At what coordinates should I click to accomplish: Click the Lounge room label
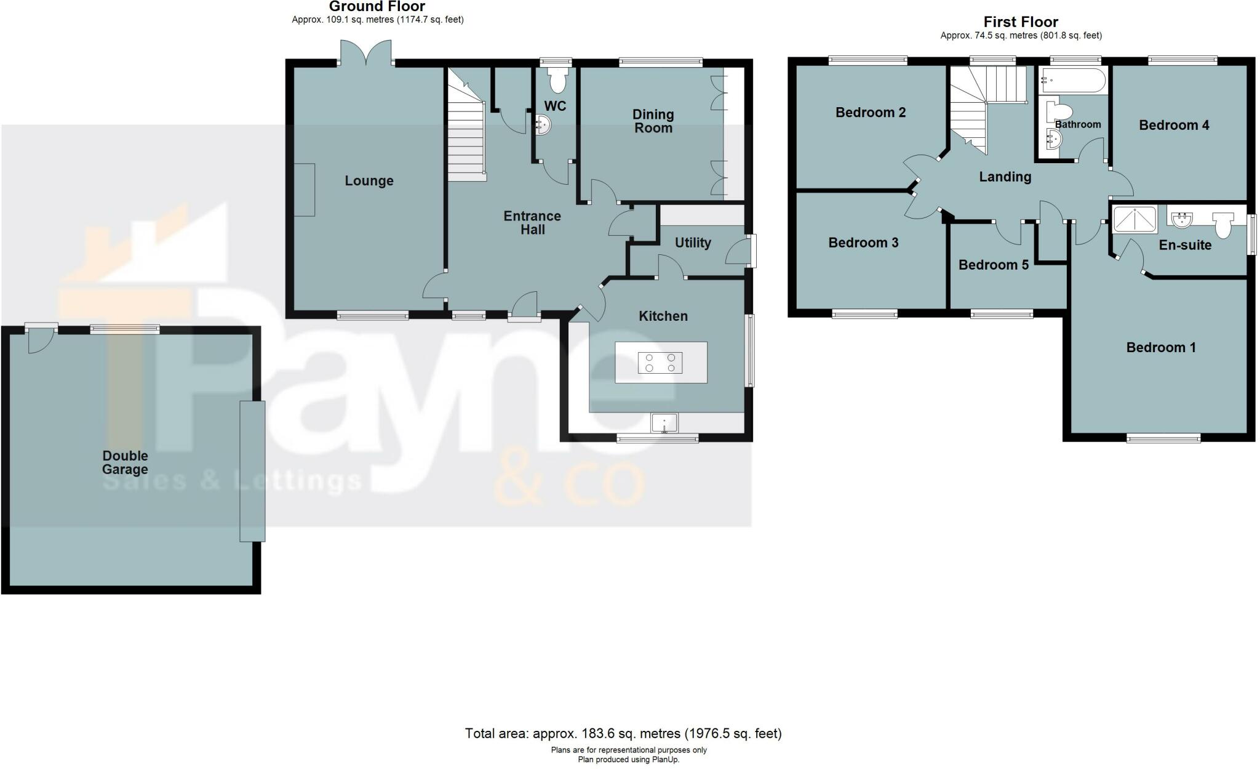pos(369,181)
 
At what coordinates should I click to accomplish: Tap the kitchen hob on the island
pos(660,363)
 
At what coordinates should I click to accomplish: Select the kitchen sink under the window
pos(664,423)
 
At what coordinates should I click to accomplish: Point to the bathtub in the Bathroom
pos(1072,80)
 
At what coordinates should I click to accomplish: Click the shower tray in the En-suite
pos(1135,220)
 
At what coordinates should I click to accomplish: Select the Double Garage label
pos(125,462)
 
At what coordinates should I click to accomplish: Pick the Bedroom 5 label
pos(993,265)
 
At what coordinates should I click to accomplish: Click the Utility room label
pos(693,243)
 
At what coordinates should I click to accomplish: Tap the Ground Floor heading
pos(377,7)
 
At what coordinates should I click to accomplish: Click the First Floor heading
pos(1021,22)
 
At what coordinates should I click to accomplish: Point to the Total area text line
pos(623,733)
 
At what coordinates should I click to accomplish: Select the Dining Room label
pos(653,121)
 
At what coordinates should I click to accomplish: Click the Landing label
pos(1005,177)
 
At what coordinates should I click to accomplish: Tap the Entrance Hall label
pos(532,223)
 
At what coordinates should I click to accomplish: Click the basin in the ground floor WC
pos(543,125)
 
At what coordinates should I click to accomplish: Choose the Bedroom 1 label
pos(1160,347)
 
